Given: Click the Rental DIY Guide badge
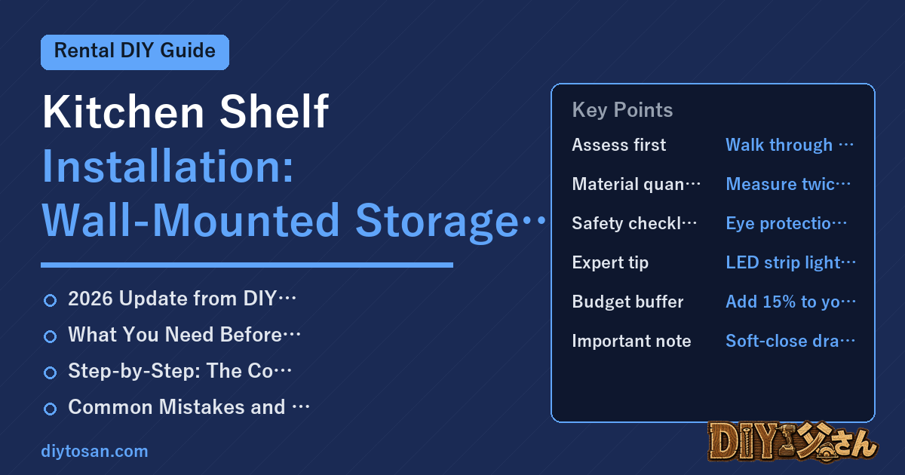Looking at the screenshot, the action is (x=135, y=52).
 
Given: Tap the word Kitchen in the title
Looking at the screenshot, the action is (x=124, y=112).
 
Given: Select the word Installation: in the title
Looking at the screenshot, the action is (x=167, y=166).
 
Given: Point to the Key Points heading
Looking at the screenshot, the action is (x=622, y=110).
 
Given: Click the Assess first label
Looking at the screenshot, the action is (x=618, y=145).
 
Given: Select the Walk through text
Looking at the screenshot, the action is (x=779, y=145).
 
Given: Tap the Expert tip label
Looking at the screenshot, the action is (x=610, y=263).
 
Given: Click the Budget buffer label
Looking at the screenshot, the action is (x=627, y=302).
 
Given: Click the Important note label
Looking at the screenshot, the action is (x=631, y=341).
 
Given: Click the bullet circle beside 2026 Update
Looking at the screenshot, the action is (x=50, y=301).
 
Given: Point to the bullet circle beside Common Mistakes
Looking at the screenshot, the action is (x=50, y=409).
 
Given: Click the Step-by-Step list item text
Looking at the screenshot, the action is (x=179, y=371).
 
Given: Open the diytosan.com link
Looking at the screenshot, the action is (x=94, y=451).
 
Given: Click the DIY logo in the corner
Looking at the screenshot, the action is (x=793, y=442).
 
